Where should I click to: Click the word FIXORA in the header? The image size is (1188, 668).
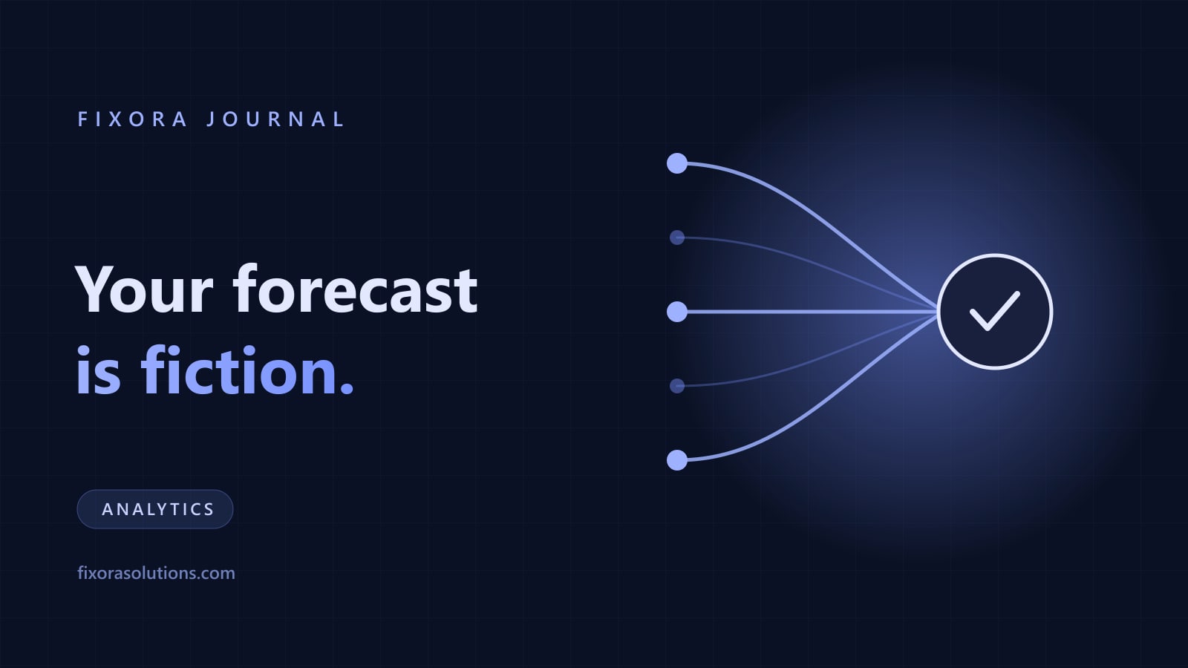coord(132,119)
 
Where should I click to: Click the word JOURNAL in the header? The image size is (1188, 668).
coord(275,119)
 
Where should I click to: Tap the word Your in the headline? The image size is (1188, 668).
coord(144,289)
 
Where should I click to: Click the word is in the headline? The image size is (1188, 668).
coord(99,370)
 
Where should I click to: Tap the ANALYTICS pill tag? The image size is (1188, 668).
coord(155,509)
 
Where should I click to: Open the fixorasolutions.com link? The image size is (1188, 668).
coord(156,573)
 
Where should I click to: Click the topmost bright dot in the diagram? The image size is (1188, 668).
coord(676,163)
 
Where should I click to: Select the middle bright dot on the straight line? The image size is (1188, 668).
coord(676,312)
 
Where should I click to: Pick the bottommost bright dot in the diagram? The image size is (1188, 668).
coord(676,460)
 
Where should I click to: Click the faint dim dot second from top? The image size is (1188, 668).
coord(676,238)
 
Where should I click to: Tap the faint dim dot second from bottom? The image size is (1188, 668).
coord(676,386)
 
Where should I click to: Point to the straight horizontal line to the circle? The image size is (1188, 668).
coord(812,312)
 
